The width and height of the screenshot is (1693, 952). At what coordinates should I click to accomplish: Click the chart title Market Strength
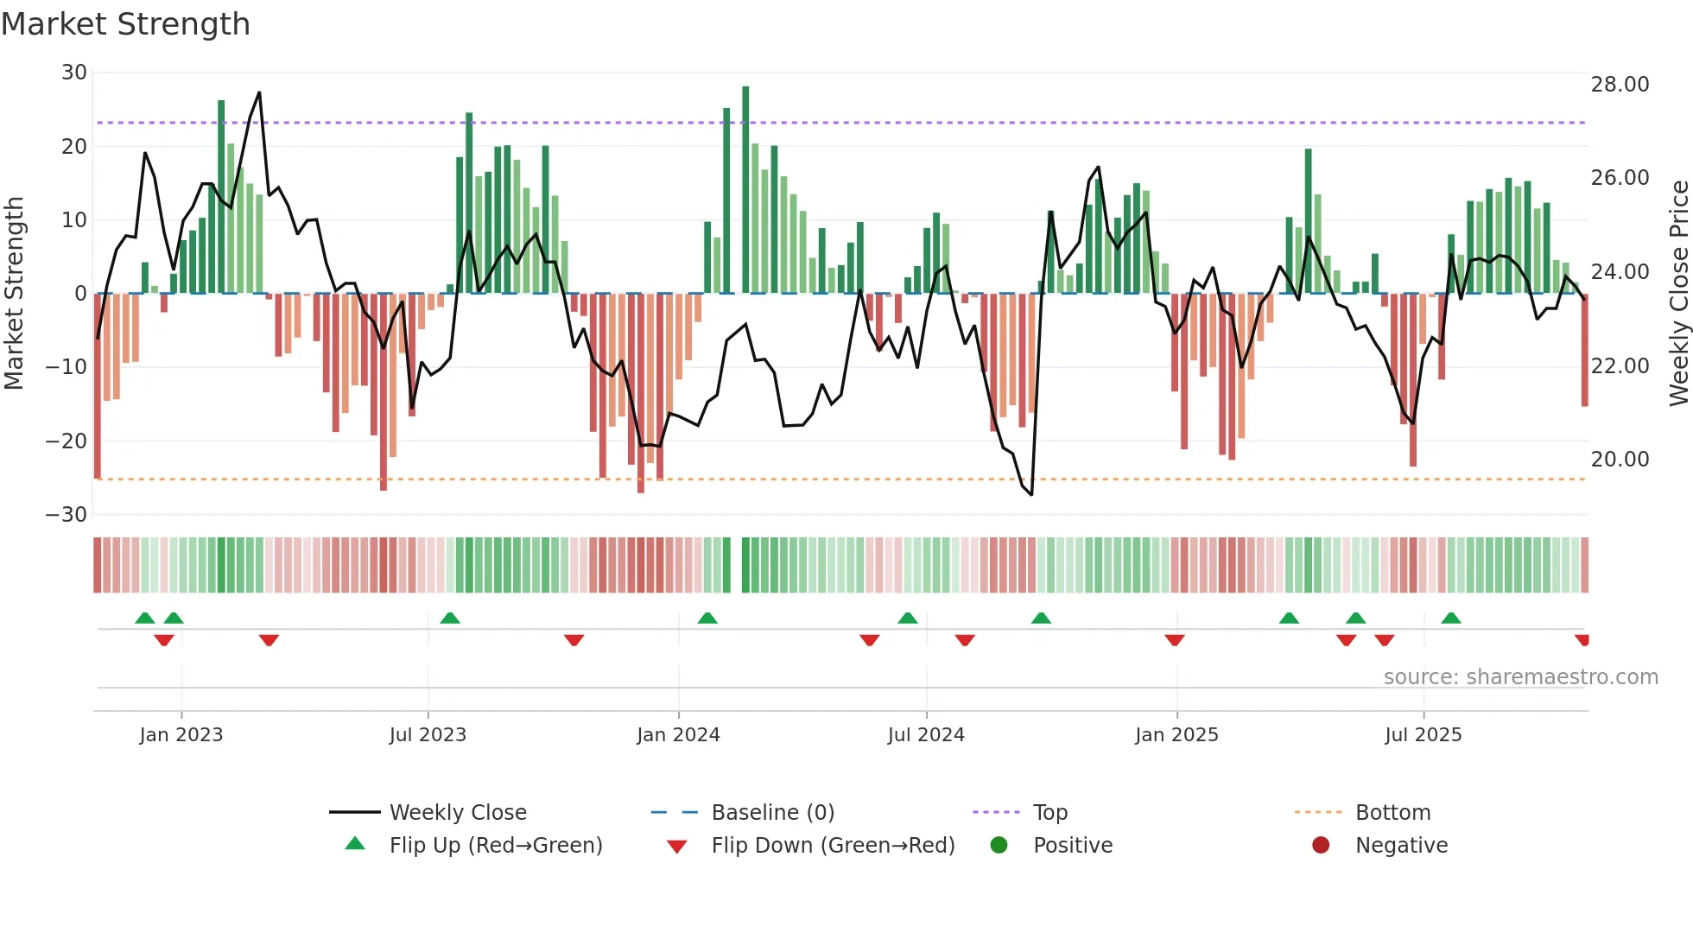click(125, 24)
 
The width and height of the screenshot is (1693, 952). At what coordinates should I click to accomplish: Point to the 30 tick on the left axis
click(74, 73)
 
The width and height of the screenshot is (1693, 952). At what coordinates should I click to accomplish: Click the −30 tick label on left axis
click(67, 515)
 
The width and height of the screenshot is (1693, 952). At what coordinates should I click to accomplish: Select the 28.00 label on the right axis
click(1620, 85)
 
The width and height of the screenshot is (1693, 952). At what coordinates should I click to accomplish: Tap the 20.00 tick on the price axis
click(1620, 460)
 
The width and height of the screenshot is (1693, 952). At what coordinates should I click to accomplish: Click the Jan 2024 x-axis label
click(678, 735)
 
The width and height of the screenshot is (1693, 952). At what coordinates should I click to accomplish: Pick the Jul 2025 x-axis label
click(1423, 735)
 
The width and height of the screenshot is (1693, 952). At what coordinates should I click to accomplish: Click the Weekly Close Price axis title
click(1678, 294)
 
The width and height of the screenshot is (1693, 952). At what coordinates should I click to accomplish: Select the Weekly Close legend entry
click(457, 813)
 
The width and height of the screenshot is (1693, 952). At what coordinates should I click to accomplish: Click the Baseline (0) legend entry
click(772, 813)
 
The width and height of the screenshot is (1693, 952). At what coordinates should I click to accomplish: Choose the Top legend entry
click(1049, 813)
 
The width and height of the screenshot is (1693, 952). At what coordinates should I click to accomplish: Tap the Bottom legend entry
click(1392, 813)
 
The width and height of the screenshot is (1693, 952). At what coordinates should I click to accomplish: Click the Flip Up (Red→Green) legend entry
click(495, 846)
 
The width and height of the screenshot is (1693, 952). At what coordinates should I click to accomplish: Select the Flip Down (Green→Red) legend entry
click(833, 846)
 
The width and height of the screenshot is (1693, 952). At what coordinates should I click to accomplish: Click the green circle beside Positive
click(999, 846)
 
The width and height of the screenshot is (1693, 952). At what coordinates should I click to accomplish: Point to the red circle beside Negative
click(1321, 846)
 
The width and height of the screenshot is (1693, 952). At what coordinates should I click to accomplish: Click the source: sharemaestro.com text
click(1520, 677)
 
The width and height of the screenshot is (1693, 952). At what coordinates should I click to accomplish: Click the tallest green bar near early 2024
click(745, 190)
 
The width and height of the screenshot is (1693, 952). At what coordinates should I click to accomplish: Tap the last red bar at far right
click(1584, 350)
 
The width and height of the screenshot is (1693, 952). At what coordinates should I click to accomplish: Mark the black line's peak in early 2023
click(259, 92)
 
